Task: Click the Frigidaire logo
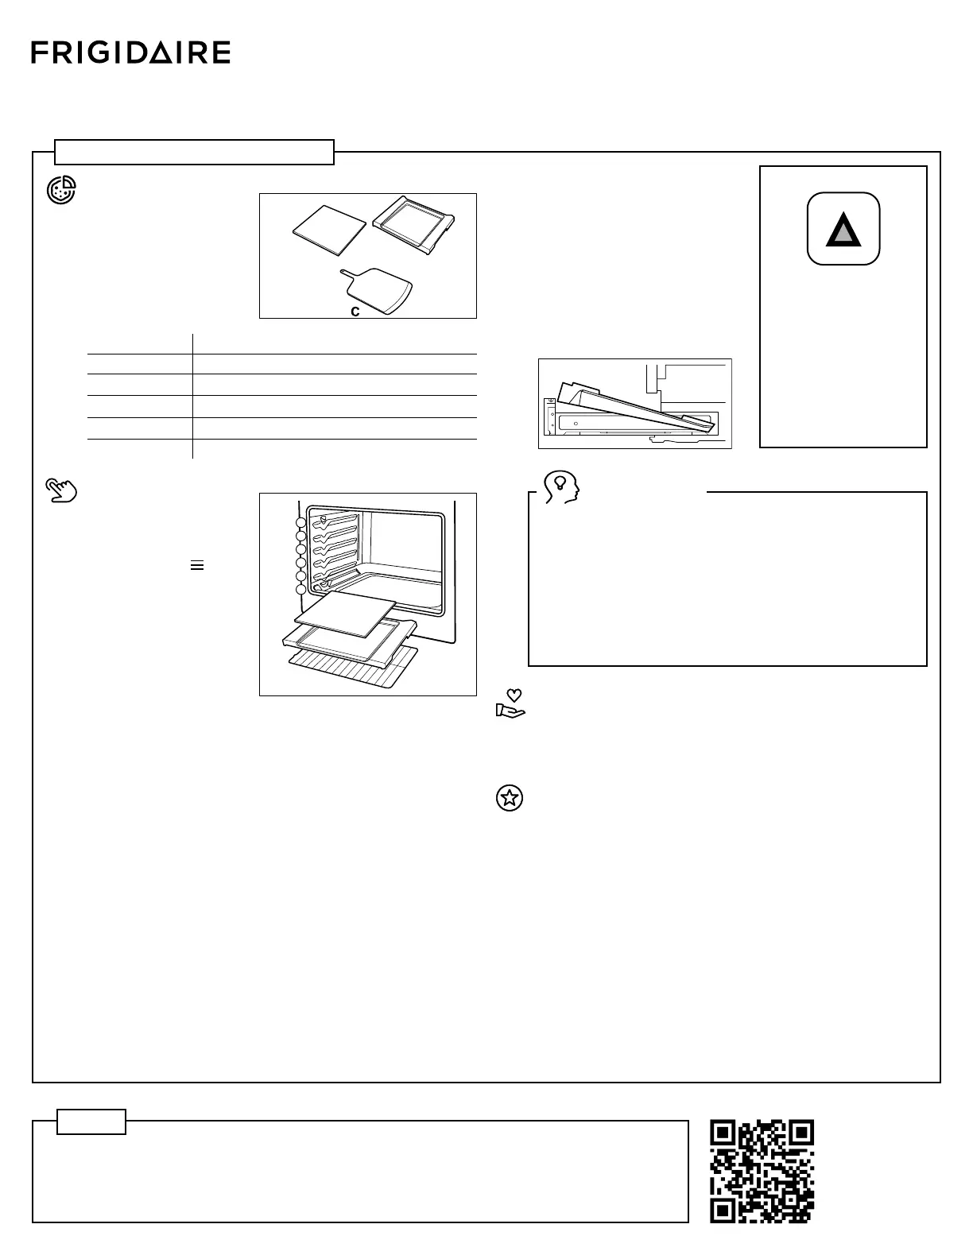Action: (x=131, y=53)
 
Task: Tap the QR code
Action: (x=762, y=1171)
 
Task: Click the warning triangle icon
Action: (x=843, y=229)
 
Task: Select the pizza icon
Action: (x=61, y=191)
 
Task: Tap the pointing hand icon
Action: (x=61, y=490)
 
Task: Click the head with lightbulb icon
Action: (x=560, y=486)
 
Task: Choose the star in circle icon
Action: (x=510, y=798)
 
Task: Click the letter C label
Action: (x=355, y=312)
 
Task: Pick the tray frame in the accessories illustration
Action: (x=414, y=226)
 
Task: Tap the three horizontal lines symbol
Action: (x=197, y=565)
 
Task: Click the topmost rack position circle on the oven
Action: (x=300, y=522)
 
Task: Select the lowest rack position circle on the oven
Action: (x=300, y=590)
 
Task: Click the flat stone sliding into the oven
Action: (x=346, y=613)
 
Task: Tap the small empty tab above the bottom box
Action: (x=91, y=1121)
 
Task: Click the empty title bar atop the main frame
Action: (x=194, y=151)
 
